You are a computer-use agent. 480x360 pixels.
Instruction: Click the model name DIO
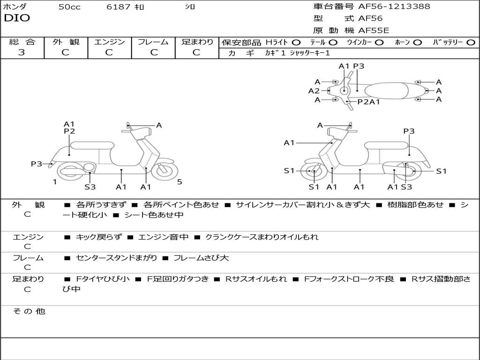point(17,18)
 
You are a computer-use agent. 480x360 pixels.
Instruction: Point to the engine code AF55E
point(374,30)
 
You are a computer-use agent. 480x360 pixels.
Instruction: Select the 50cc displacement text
point(69,7)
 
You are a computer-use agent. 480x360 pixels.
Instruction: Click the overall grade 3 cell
point(22,52)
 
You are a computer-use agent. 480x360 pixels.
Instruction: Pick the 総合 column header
point(22,42)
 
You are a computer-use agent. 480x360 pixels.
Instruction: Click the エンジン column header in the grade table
point(109,42)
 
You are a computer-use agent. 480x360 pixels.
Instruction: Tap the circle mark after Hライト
point(296,42)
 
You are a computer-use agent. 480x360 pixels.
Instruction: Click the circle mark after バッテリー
point(471,42)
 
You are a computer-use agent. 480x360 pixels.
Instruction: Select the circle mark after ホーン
point(417,42)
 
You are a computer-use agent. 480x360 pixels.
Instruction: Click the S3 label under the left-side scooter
point(90,187)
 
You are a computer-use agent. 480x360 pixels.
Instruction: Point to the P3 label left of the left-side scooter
point(37,164)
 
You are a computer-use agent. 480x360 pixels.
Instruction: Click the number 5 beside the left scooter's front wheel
point(180,182)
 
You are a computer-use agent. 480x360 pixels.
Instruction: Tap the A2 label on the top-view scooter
point(314,91)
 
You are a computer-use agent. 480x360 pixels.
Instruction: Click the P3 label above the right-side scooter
point(409,131)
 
